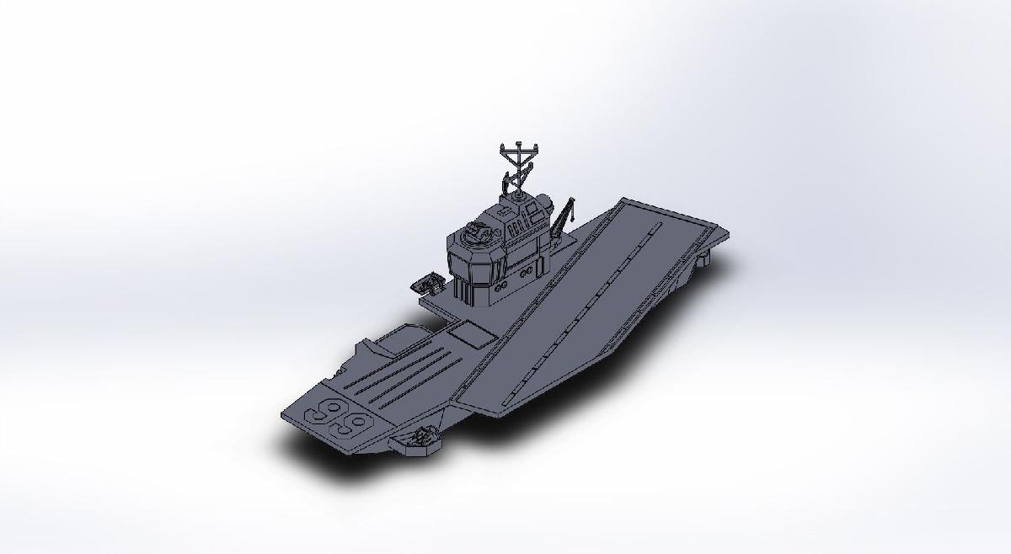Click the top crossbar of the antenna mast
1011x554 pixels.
(516, 150)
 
